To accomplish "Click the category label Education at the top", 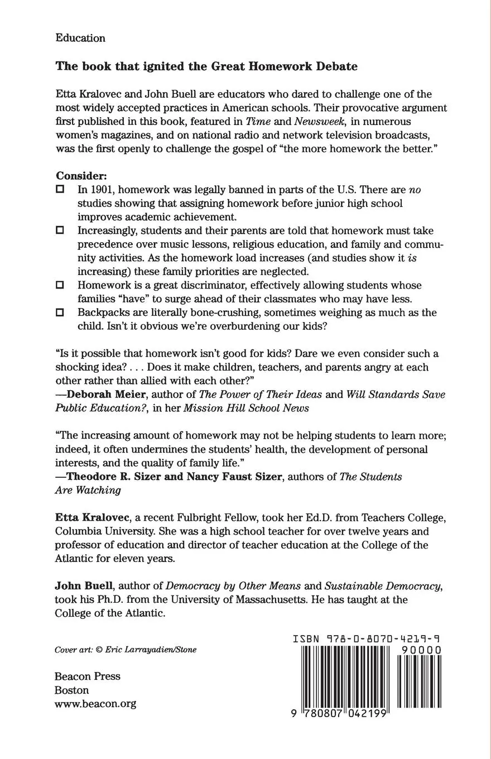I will [x=80, y=38].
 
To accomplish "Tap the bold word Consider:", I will [x=81, y=175].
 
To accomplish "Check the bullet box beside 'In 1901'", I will [x=60, y=189].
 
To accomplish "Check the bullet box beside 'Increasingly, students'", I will [x=60, y=230].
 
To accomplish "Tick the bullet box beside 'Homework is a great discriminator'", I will [x=60, y=285].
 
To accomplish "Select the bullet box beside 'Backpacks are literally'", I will [x=60, y=312].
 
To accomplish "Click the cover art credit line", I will [x=126, y=650].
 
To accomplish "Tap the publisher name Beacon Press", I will [x=88, y=676].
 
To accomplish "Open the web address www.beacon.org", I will [x=95, y=703].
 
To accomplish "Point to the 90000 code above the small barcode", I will [x=421, y=650].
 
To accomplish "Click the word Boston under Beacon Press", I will [x=71, y=690].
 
